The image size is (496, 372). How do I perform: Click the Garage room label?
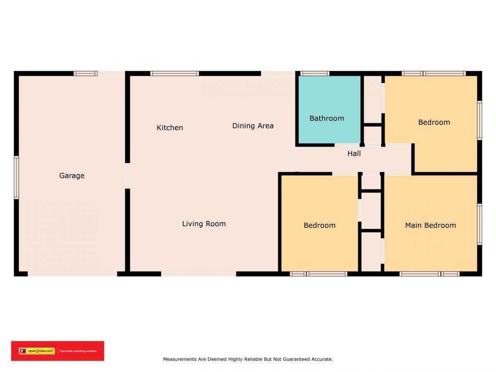(x=72, y=176)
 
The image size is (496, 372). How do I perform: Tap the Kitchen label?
(x=170, y=128)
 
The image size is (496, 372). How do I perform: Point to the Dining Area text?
(x=253, y=126)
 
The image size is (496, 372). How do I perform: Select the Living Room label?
(x=204, y=224)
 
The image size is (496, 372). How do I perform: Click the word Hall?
(x=354, y=154)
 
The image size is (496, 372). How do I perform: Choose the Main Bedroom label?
(x=430, y=225)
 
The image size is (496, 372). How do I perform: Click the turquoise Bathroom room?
(x=329, y=110)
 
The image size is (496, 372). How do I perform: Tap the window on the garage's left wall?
(x=16, y=178)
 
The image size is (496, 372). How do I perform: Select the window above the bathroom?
(x=315, y=74)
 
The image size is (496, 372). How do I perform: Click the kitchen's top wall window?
(x=174, y=74)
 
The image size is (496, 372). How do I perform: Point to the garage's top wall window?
(x=86, y=74)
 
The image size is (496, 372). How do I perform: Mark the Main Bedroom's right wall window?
(x=479, y=224)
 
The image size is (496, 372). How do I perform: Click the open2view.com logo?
(x=37, y=351)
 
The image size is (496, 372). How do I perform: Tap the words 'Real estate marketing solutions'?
(x=78, y=351)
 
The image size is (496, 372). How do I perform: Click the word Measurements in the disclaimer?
(x=180, y=359)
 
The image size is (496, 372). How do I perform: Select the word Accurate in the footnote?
(x=322, y=359)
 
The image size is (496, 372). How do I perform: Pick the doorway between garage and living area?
(x=127, y=176)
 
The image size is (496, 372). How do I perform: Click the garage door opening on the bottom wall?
(x=72, y=274)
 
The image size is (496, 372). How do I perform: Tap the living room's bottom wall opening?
(x=199, y=274)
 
